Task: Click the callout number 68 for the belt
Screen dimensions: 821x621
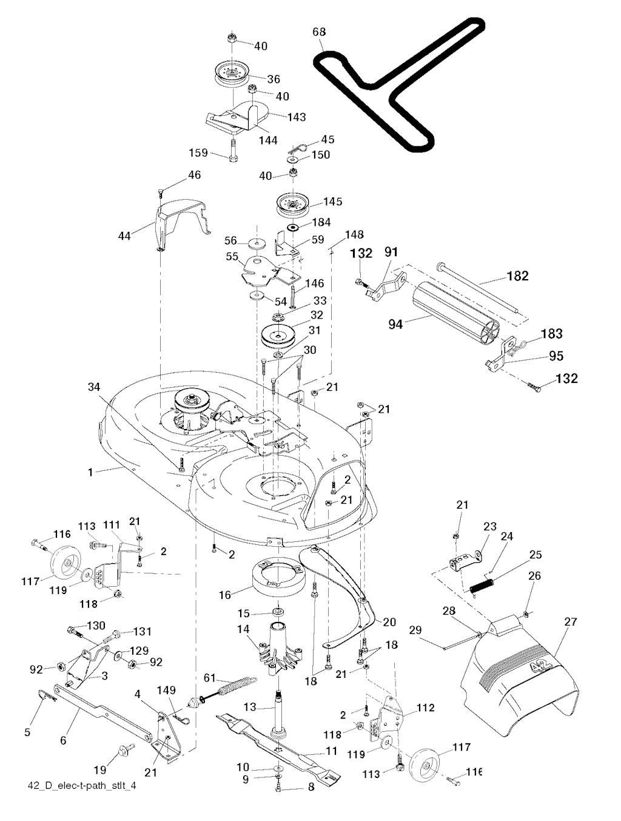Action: [320, 32]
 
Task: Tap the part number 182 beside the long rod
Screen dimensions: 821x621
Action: [517, 276]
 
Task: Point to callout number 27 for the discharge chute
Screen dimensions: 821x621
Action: [571, 622]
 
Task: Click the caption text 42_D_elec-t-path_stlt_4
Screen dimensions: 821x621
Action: [87, 786]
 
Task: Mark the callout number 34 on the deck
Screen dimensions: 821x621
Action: [93, 387]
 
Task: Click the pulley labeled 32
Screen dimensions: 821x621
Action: [278, 335]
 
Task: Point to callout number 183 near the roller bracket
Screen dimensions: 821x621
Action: [551, 334]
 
